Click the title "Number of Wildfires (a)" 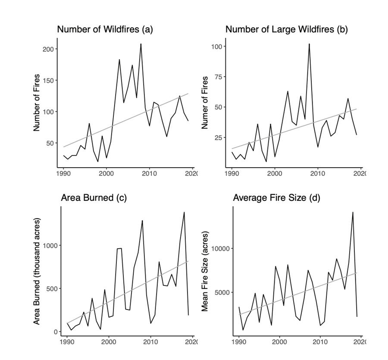[x=105, y=29]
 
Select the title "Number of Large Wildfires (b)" [x=287, y=29]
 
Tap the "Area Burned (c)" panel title [x=94, y=198]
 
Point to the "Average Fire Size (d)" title [x=276, y=198]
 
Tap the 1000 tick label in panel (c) [x=49, y=245]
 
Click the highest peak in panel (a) [x=141, y=44]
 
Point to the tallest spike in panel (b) [x=309, y=44]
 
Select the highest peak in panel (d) [x=353, y=212]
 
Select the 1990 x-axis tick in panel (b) [x=232, y=173]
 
